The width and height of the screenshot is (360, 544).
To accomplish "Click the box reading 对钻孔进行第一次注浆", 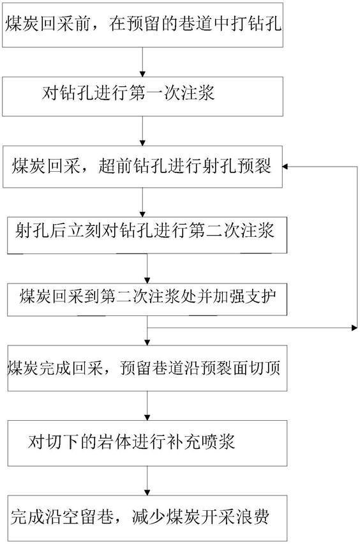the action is pyautogui.click(x=142, y=96).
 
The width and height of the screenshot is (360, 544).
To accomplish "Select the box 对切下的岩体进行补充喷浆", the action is pyautogui.click(x=147, y=443).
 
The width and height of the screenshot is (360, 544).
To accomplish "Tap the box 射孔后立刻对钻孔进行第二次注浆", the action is pyautogui.click(x=147, y=235).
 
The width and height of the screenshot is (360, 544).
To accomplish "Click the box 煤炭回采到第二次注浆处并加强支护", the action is pyautogui.click(x=147, y=299).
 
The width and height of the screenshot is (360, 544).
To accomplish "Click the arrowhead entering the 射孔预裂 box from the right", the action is pyautogui.click(x=285, y=167).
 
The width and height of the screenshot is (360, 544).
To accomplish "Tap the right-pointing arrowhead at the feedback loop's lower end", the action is pyautogui.click(x=354, y=328).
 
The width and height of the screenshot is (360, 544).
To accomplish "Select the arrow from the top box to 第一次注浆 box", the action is pyautogui.click(x=142, y=62).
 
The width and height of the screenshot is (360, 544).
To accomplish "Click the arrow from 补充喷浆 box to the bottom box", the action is pyautogui.click(x=147, y=481).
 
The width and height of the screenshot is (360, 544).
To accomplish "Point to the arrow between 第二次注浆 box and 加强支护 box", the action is pyautogui.click(x=147, y=268).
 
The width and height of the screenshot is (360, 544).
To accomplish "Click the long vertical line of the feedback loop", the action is pyautogui.click(x=357, y=247).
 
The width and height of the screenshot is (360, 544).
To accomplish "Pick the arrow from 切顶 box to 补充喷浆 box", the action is pyautogui.click(x=147, y=406).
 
